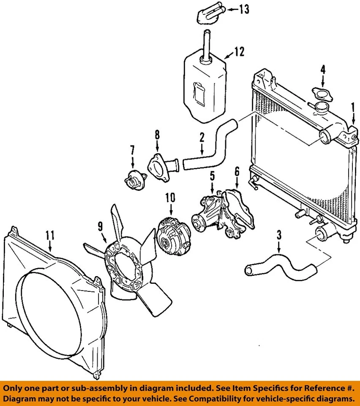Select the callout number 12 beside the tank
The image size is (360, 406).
(x=239, y=52)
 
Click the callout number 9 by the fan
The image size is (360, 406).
(x=100, y=227)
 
